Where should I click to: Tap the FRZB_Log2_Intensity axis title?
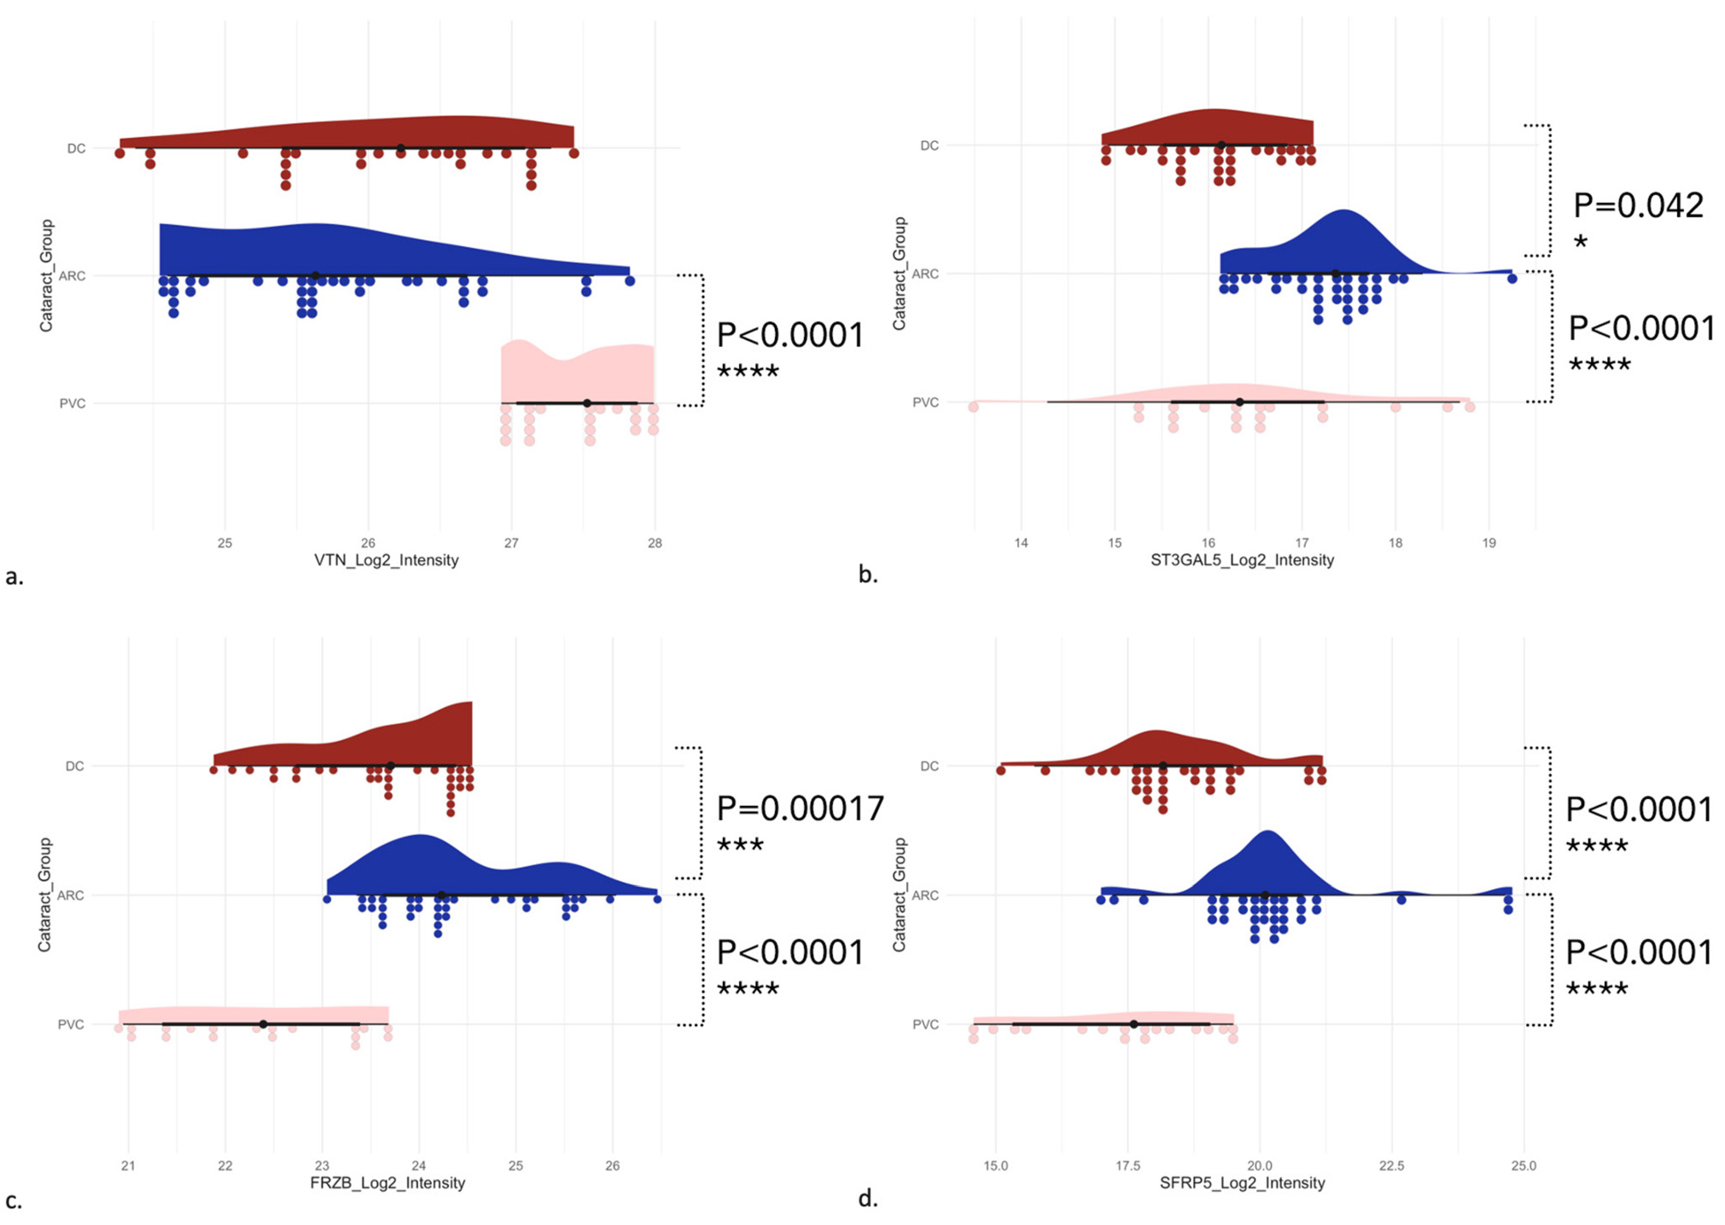388,1183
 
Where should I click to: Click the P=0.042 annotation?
1638,206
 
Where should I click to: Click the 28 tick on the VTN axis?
655,543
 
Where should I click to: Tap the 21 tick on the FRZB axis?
128,1165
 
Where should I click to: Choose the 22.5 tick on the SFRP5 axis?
1392,1165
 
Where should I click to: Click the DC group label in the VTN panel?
76,149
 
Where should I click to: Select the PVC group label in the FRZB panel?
71,1024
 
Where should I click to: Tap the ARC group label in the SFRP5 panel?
926,895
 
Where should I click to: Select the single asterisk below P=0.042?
1581,242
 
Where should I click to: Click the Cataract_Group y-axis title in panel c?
45,895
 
